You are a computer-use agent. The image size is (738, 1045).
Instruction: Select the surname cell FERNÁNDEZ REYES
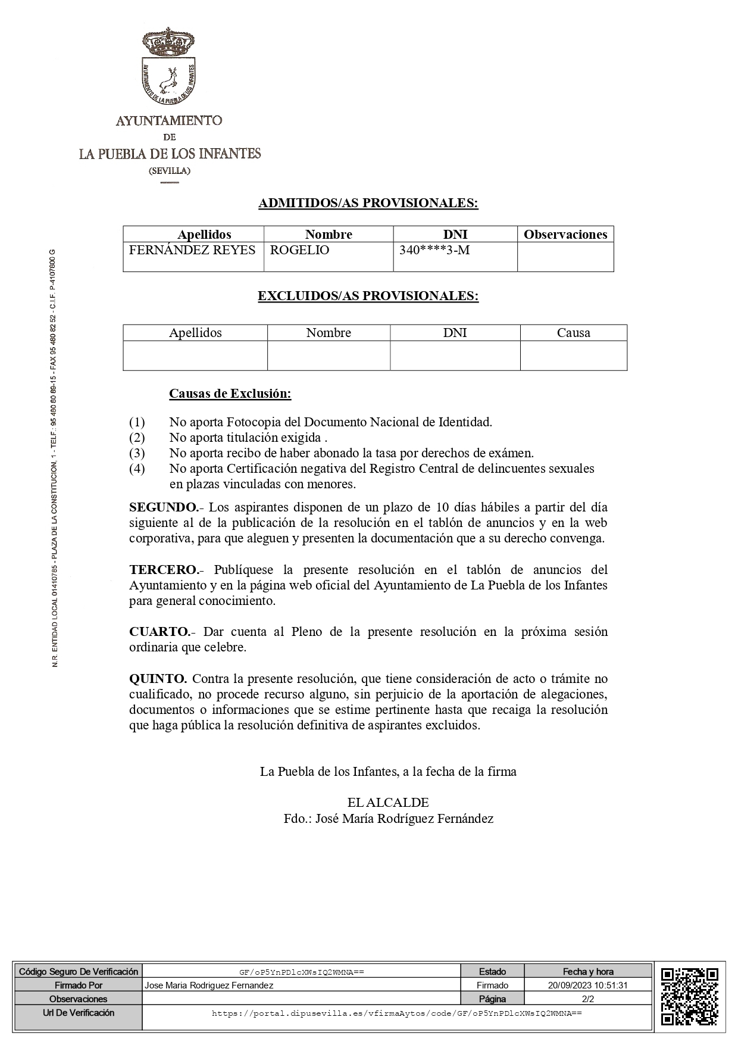click(x=192, y=250)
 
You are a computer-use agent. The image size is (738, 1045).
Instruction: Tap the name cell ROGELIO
click(x=299, y=250)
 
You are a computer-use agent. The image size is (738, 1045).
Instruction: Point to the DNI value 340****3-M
click(x=434, y=250)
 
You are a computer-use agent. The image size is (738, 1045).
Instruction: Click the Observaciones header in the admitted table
click(x=565, y=235)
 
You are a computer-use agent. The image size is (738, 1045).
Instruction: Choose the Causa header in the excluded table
click(x=573, y=333)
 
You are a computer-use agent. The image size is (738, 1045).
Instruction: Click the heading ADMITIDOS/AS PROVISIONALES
click(x=368, y=203)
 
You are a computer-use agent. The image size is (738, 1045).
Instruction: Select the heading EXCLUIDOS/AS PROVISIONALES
click(x=368, y=296)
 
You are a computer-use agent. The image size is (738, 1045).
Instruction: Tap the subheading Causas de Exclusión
click(x=230, y=394)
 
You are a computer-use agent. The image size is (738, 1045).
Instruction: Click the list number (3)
click(x=137, y=453)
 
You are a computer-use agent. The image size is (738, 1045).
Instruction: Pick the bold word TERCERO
click(x=163, y=570)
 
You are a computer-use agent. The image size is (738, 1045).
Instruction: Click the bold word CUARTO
click(x=160, y=632)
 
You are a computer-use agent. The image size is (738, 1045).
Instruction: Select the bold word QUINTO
click(x=158, y=679)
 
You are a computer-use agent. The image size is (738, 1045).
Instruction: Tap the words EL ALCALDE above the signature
click(x=388, y=803)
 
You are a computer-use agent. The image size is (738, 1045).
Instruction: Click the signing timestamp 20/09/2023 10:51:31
click(x=587, y=985)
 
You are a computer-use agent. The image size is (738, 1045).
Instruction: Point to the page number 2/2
click(x=587, y=999)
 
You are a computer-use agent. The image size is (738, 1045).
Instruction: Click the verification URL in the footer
click(x=396, y=1013)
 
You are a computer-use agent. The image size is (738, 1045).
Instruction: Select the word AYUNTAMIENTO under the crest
click(x=169, y=121)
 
